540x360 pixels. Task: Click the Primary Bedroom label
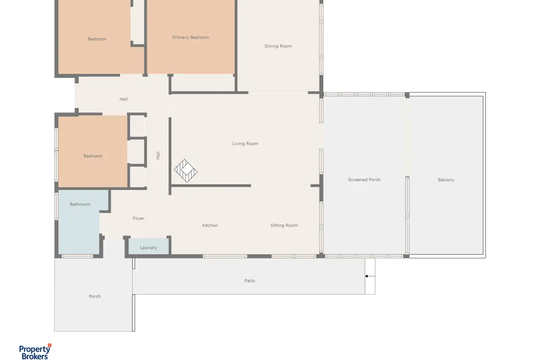pos(190,37)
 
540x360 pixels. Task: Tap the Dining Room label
pos(278,46)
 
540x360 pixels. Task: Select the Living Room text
pos(245,144)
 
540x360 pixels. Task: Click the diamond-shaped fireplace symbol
pos(185,171)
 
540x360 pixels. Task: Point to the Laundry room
pos(148,247)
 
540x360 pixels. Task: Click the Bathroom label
pos(80,204)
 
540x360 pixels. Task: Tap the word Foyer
pos(139,218)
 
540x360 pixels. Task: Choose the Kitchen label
pos(210,225)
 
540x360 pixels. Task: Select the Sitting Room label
pos(284,225)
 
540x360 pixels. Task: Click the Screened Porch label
pos(364,180)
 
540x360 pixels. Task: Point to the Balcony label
pos(446,180)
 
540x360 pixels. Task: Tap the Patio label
pos(249,281)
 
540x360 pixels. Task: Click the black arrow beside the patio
pos(370,276)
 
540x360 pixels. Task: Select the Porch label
pos(94,297)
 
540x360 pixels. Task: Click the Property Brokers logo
pos(35,352)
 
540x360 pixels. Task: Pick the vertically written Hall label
pos(158,156)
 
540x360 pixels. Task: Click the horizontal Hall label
pos(123,99)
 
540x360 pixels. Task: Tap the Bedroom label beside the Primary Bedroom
pos(97,39)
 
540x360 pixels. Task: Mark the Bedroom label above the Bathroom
pos(93,156)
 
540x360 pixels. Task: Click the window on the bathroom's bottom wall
pos(77,256)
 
